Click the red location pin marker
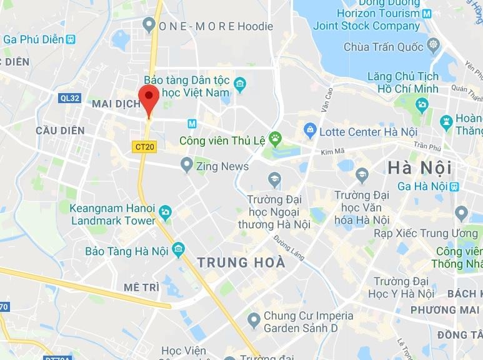click(x=148, y=100)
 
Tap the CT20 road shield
click(x=144, y=147)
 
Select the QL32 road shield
click(x=70, y=98)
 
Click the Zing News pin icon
click(x=186, y=166)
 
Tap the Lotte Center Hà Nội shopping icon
click(x=309, y=131)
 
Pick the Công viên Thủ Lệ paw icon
click(x=275, y=137)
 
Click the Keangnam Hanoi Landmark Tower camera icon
click(x=165, y=212)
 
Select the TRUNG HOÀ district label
click(x=241, y=263)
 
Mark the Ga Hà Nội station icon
click(x=454, y=186)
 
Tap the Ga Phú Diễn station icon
click(x=73, y=39)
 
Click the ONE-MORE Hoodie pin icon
click(x=149, y=25)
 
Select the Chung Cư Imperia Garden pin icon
click(x=254, y=321)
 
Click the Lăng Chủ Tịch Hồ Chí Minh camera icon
click(x=422, y=104)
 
